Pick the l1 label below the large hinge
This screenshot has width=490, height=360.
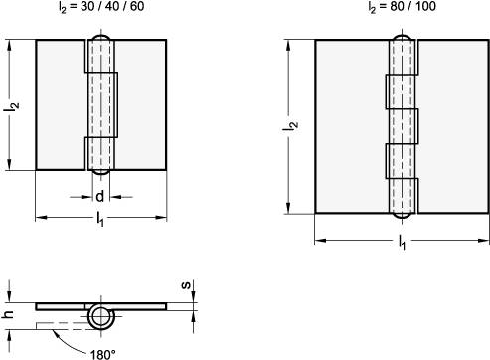pos(403,242)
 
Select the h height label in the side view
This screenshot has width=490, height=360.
pos(9,313)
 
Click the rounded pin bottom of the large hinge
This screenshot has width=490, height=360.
pos(402,213)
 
